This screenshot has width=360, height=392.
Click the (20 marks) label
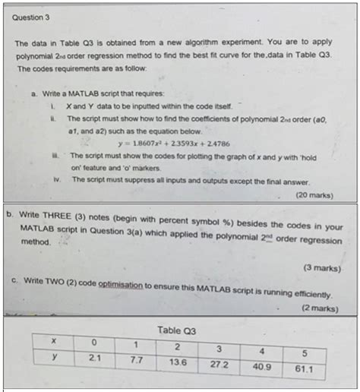(x=313, y=195)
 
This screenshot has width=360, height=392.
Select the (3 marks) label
(x=320, y=267)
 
